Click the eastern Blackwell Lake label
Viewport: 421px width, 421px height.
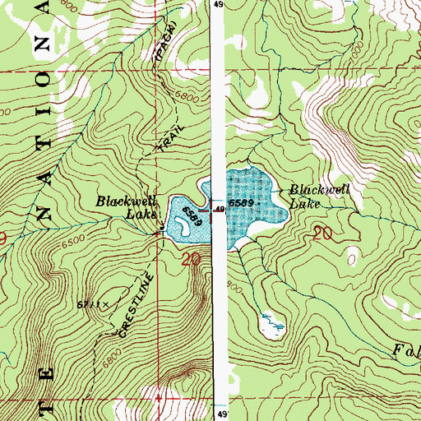(320, 197)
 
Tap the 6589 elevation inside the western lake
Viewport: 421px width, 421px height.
(192, 215)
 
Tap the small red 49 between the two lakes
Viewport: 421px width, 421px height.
(220, 210)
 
